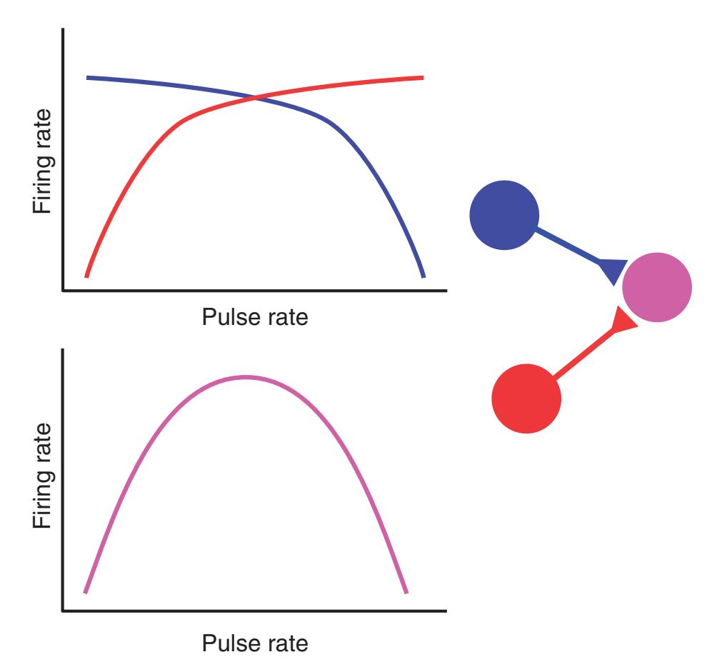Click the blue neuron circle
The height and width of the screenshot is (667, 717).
coord(504,215)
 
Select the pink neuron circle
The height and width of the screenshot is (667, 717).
coord(656,287)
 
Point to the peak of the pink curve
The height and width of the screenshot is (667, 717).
coord(246,376)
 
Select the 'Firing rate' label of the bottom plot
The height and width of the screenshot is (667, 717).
coord(44,476)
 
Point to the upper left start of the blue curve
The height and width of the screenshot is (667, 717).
coord(87,76)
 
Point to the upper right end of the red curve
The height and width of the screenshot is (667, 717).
coord(423,76)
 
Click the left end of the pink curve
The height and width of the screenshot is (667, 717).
coord(85,592)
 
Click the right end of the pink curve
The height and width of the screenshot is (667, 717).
coord(406,592)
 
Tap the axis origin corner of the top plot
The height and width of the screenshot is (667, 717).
coord(64,291)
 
